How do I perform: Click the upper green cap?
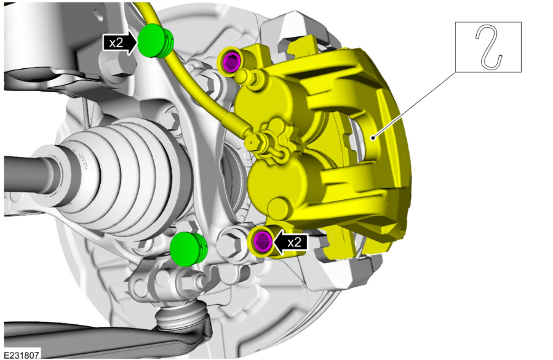pos(154,41)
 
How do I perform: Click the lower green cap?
pos(188,249)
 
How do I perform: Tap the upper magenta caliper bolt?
pos(232,60)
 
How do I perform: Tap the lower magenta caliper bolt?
pos(263,241)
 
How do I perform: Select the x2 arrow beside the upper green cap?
pos(119,43)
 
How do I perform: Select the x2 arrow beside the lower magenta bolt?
pos(290,242)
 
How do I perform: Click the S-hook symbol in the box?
pos(488,47)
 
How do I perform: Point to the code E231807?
pos(22,354)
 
